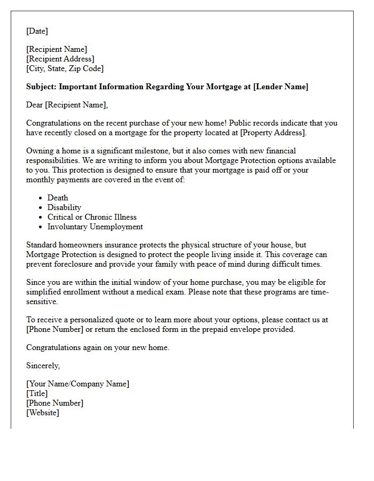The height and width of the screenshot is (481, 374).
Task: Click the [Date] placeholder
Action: pos(37,31)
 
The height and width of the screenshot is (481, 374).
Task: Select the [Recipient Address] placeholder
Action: pos(60,59)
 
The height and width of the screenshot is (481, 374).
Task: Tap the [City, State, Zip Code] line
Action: pos(65,68)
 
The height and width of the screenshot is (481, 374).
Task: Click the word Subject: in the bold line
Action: pos(41,87)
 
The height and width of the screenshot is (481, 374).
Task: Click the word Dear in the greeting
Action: pos(35,105)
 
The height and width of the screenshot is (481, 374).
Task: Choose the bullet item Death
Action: pos(58,198)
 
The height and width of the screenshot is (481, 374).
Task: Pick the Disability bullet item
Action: pos(64,207)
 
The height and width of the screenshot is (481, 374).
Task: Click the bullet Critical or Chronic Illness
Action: pos(92,217)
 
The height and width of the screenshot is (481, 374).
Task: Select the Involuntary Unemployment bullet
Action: pos(95,227)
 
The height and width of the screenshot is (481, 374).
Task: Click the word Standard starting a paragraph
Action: pos(43,245)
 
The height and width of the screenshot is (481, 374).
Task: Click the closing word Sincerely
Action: pos(43,366)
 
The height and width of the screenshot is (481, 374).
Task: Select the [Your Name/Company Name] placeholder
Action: pos(77,384)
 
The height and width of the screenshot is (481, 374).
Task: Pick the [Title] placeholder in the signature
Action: pos(37,393)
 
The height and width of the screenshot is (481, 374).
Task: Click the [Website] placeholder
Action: pos(43,413)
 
